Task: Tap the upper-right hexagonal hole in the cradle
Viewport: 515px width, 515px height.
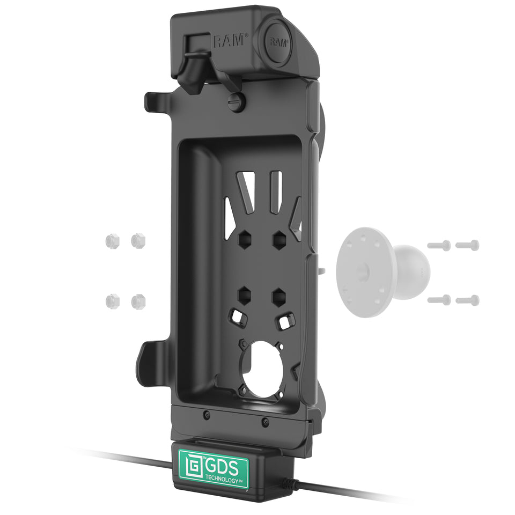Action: click(279, 239)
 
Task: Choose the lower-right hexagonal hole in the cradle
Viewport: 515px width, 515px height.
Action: click(279, 297)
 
